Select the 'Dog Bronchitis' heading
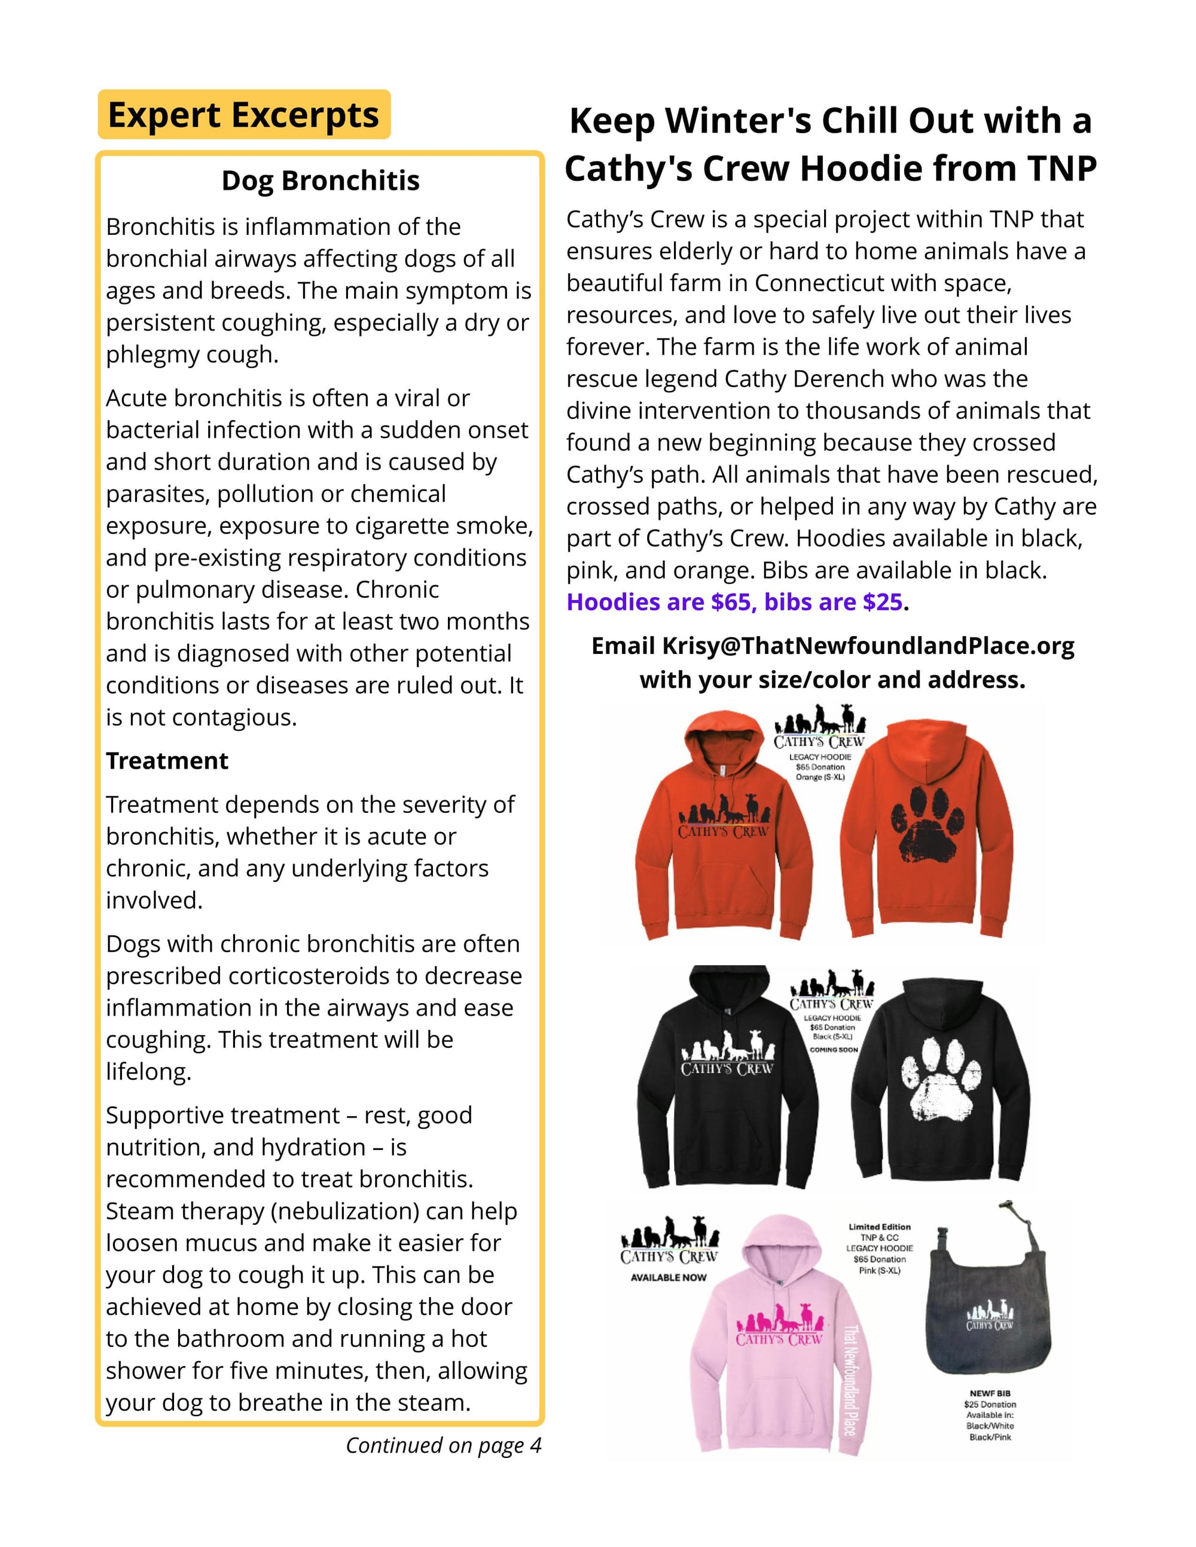321,181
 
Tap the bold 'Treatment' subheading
167,761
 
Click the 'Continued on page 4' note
443,1445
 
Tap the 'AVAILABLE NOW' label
668,1277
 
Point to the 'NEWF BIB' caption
990,1393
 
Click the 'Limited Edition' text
879,1227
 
